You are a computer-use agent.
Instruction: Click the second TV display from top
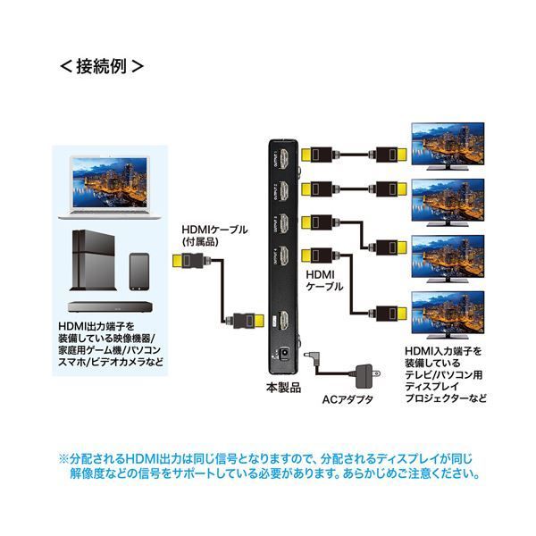click(446, 199)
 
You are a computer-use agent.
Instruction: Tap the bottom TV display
click(446, 312)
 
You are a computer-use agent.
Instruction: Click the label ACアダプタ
click(348, 398)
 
